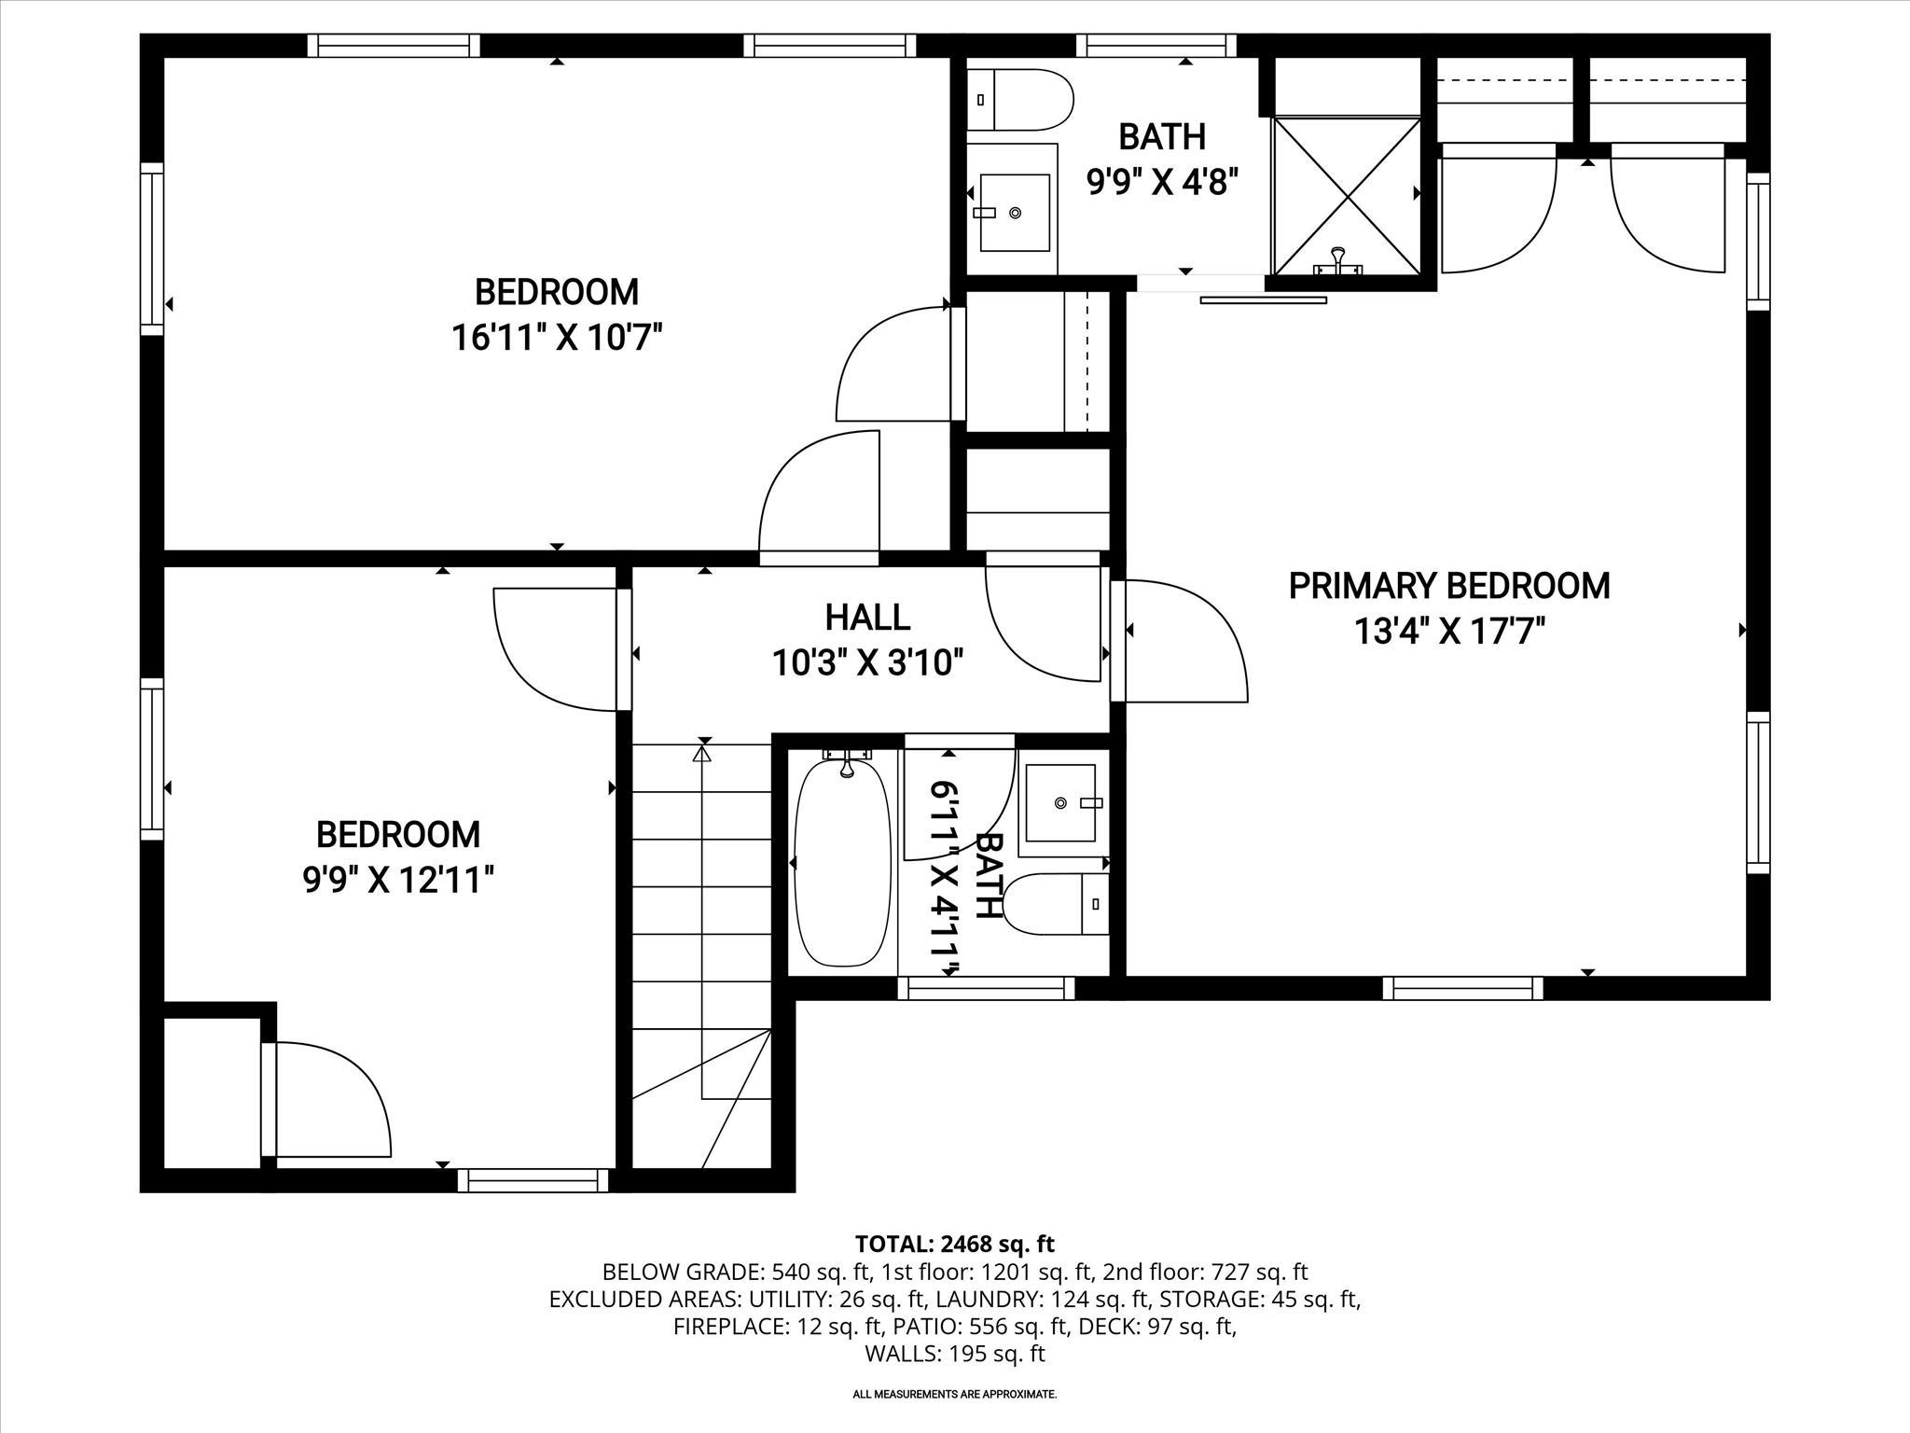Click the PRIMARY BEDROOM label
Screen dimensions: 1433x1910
click(x=1448, y=586)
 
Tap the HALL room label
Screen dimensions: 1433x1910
click(x=867, y=618)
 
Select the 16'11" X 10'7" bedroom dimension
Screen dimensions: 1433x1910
click(x=557, y=337)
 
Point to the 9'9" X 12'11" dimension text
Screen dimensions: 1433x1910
click(x=398, y=879)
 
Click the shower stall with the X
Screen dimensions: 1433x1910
click(x=1347, y=196)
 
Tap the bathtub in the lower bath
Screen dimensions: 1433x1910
click(x=843, y=863)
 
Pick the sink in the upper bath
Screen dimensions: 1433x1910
click(x=1014, y=212)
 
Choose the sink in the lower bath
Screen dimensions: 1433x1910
click(x=1061, y=802)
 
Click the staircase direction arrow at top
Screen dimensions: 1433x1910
click(x=703, y=752)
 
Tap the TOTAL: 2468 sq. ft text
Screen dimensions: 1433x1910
click(x=954, y=1244)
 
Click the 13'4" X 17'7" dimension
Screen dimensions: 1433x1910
click(x=1448, y=632)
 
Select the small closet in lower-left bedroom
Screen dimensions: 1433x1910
click(x=212, y=1092)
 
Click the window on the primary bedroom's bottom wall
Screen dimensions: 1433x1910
click(x=1462, y=988)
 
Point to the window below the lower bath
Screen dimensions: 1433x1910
click(x=986, y=988)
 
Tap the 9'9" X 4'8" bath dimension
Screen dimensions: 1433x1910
click(x=1162, y=182)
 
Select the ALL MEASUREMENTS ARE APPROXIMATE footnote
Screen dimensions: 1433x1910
click(x=954, y=1420)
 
